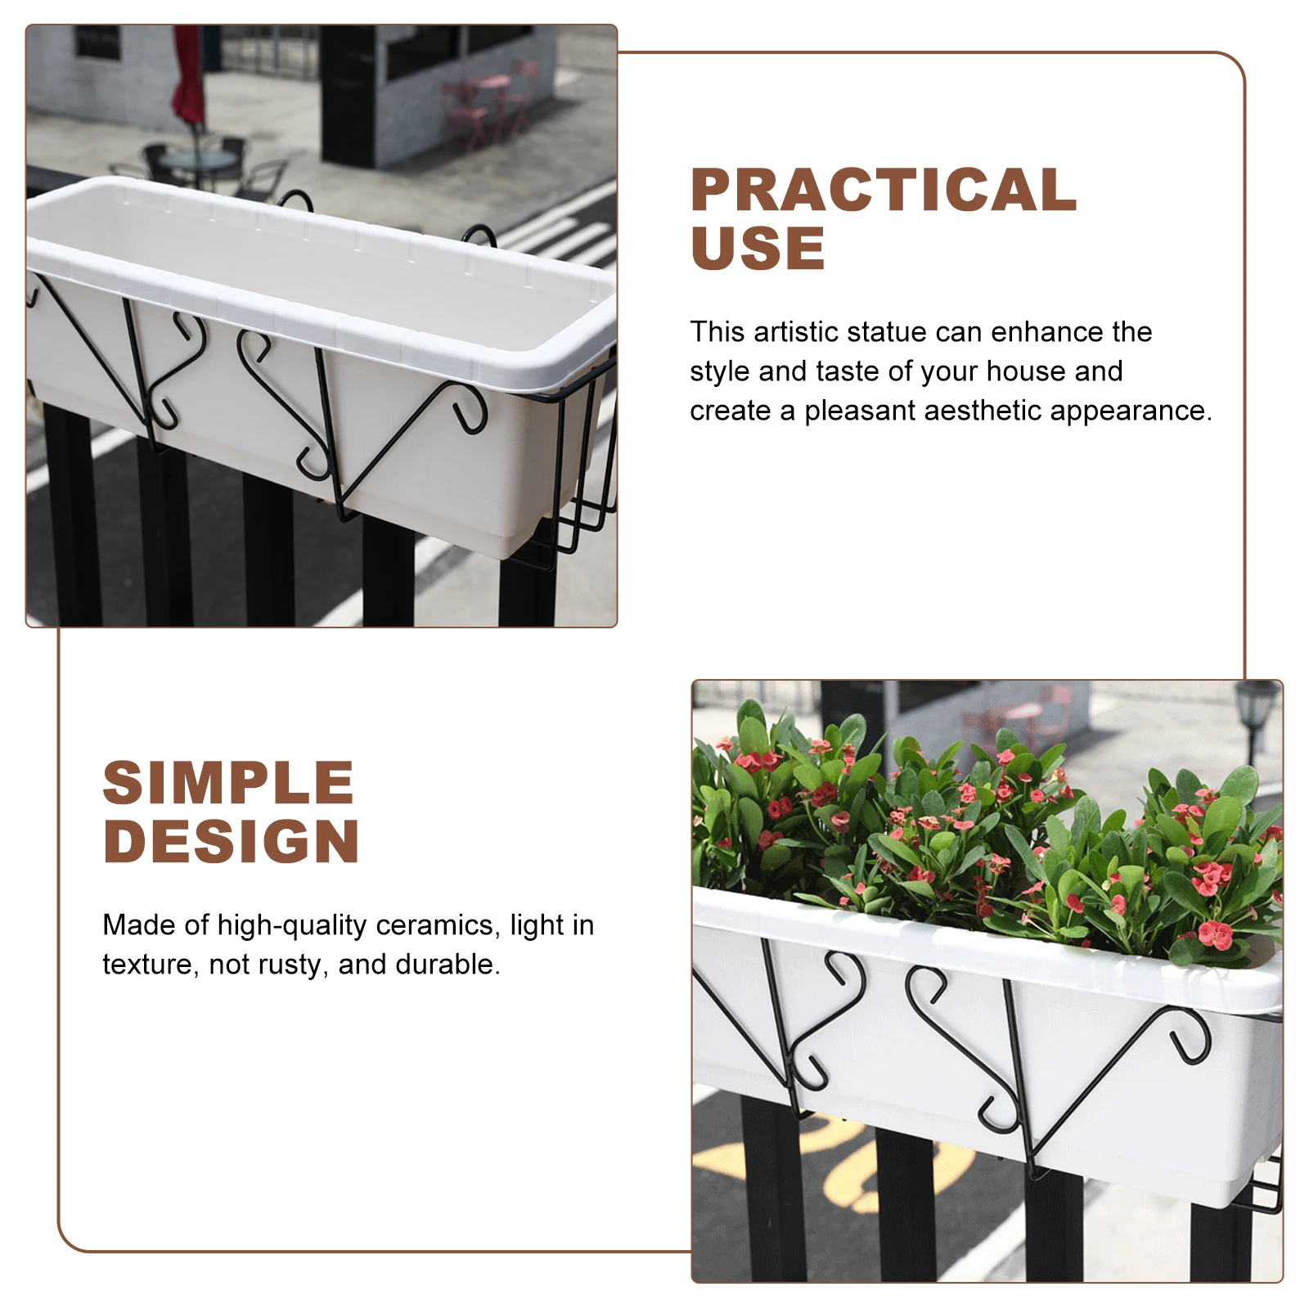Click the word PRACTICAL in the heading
coord(883,190)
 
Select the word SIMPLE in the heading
coord(228,783)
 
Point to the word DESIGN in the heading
coord(232,842)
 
